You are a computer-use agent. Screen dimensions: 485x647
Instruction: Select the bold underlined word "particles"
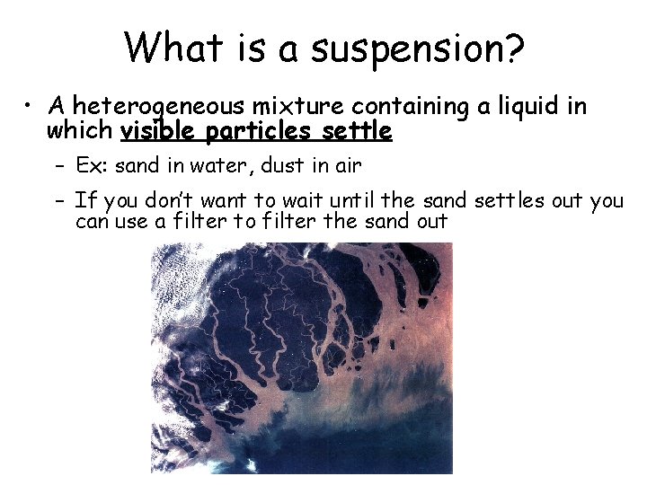(259, 132)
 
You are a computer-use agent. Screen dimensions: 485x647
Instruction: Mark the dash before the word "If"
(57, 200)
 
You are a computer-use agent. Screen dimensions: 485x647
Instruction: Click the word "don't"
(181, 200)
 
